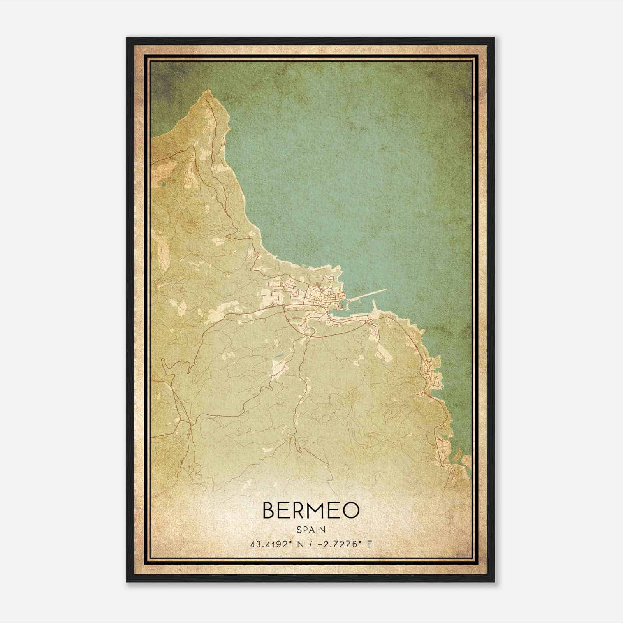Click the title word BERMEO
[311, 510]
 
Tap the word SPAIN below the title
[311, 530]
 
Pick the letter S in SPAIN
[299, 530]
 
